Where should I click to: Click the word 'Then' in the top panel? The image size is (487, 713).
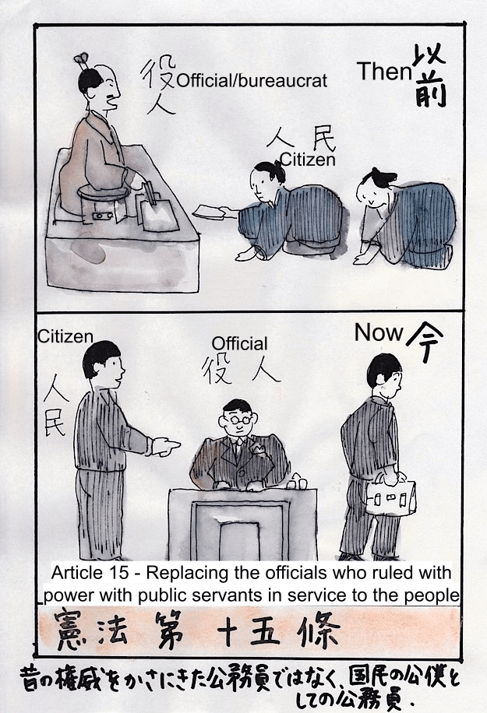384,71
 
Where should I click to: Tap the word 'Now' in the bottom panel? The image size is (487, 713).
379,332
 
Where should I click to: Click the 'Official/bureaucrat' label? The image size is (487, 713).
252,81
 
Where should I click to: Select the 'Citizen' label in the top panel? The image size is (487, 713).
308,160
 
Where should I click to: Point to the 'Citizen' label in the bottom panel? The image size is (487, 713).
65,336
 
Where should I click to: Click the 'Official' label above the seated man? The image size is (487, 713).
240,343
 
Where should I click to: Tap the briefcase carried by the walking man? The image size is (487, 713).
391,497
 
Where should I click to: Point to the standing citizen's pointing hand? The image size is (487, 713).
166,447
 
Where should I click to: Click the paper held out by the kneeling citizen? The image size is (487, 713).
210,212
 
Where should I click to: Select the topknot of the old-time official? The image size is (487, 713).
82,58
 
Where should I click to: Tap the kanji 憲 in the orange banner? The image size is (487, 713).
72,630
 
